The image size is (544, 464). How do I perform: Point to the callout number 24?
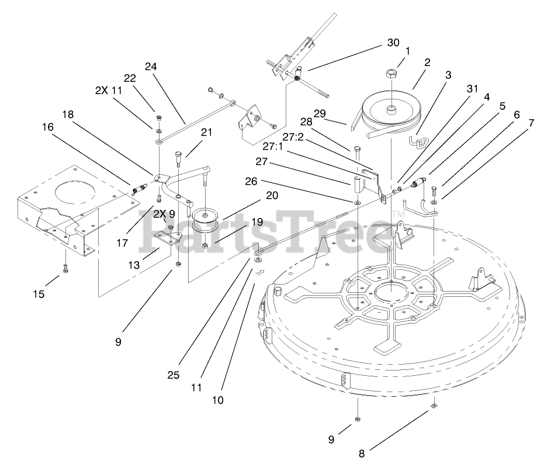click(x=151, y=67)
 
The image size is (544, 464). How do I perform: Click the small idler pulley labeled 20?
click(x=206, y=218)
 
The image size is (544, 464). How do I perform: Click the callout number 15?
click(x=39, y=294)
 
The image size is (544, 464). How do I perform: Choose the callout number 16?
click(x=47, y=126)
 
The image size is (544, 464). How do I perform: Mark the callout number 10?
click(x=217, y=400)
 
